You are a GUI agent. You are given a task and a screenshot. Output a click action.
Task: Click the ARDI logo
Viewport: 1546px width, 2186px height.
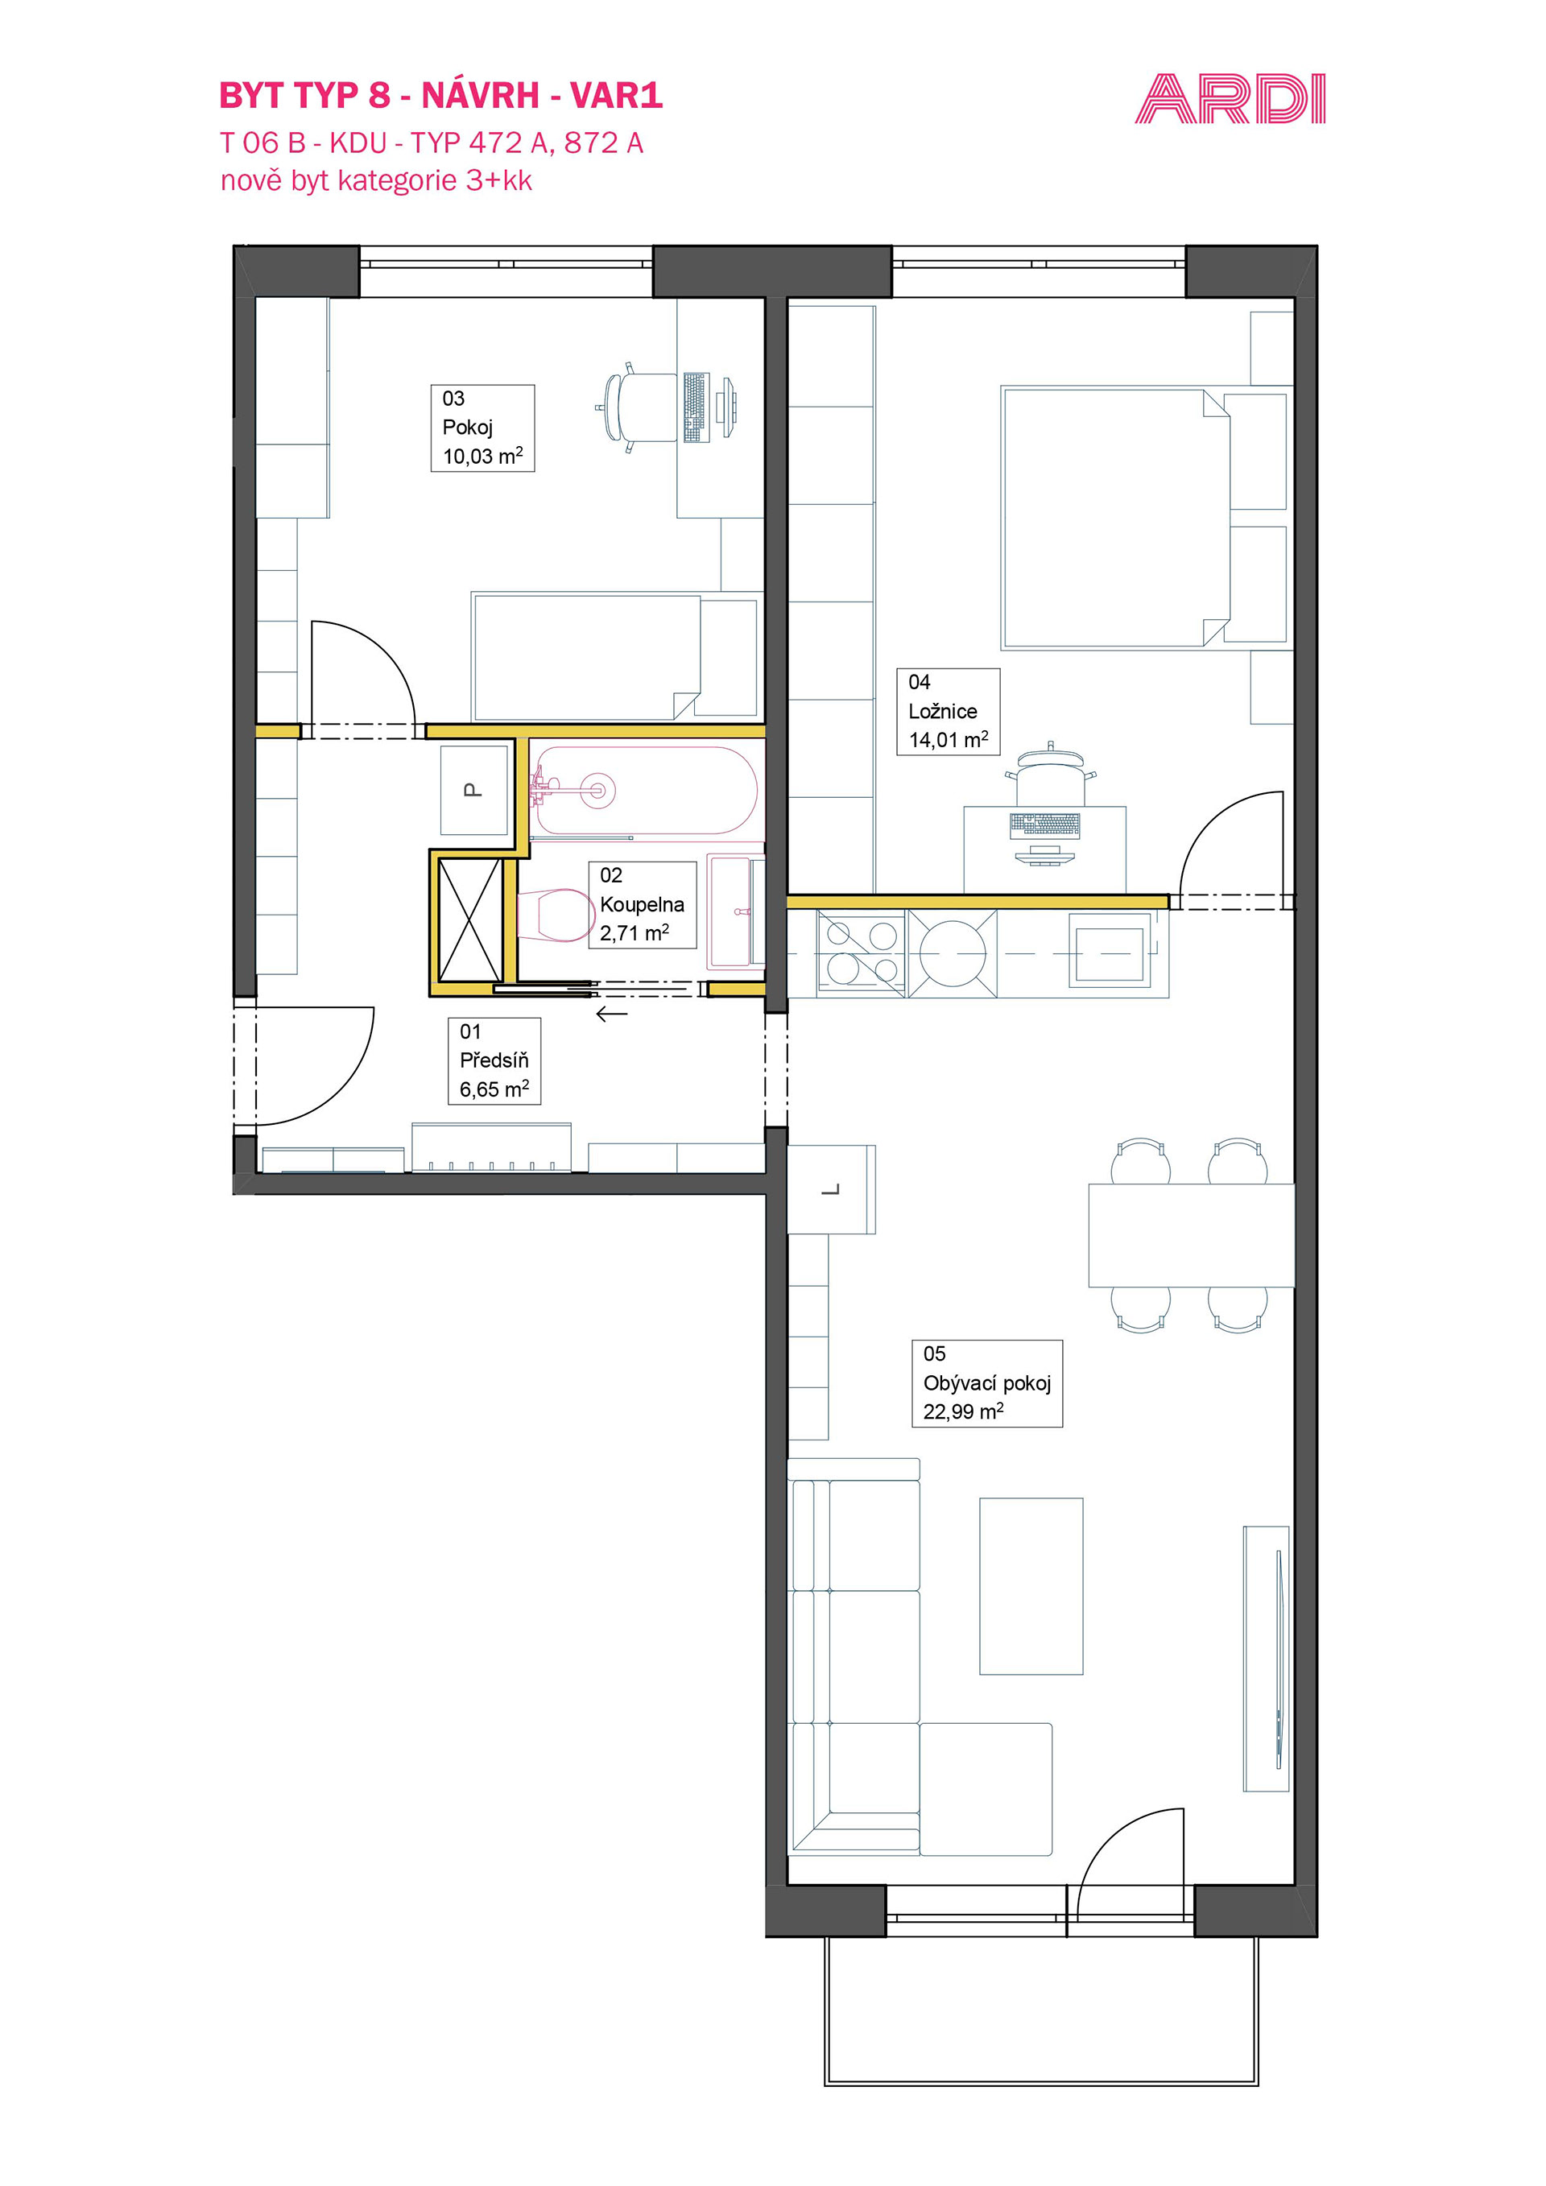click(1230, 99)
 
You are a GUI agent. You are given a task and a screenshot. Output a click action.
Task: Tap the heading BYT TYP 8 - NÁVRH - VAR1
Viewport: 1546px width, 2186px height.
click(440, 95)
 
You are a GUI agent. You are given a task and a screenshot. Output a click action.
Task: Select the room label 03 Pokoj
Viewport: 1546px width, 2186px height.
click(482, 428)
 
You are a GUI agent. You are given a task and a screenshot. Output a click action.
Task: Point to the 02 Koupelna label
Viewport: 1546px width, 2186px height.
click(643, 904)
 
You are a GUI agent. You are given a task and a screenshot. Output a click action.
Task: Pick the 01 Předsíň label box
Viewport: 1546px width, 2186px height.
click(494, 1060)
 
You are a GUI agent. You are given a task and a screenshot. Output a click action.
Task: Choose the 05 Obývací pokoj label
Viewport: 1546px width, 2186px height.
click(986, 1383)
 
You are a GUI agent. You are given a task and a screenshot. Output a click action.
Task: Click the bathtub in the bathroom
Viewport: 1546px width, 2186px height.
click(646, 790)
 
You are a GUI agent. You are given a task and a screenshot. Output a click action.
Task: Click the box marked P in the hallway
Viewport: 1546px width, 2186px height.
click(474, 789)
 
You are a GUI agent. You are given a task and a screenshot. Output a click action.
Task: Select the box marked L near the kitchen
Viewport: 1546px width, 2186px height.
click(831, 1189)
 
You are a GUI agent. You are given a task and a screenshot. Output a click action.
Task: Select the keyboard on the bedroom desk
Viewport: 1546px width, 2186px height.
click(1044, 824)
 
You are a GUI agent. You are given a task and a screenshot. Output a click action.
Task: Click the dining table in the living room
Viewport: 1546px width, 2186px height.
click(1191, 1235)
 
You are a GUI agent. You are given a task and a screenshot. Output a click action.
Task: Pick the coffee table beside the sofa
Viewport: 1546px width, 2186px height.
click(1031, 1586)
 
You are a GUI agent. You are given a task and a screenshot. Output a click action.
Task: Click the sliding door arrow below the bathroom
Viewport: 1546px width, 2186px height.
click(611, 1014)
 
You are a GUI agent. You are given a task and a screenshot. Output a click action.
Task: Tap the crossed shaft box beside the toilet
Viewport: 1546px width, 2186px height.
click(469, 919)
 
